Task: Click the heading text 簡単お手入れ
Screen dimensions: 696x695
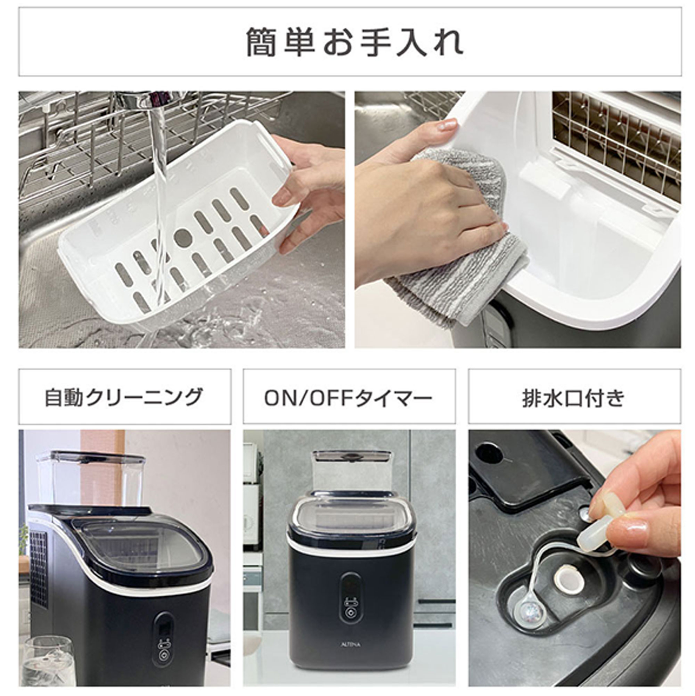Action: point(354,42)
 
